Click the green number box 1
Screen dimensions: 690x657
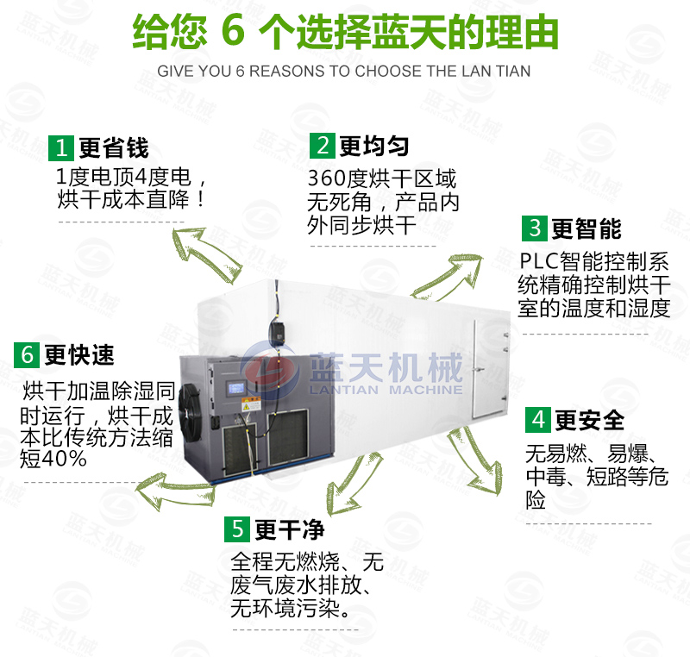(61, 148)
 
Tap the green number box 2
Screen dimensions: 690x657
(323, 146)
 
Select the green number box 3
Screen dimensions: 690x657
(535, 228)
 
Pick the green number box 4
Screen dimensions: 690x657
(537, 420)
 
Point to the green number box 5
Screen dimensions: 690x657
(237, 529)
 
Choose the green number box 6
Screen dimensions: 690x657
(27, 354)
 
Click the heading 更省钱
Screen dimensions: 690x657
(114, 147)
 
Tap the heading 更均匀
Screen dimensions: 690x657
(374, 146)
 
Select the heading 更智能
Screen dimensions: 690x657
(586, 228)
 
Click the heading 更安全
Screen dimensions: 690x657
(590, 420)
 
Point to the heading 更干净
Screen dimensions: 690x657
(290, 529)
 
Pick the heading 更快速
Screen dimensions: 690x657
(79, 354)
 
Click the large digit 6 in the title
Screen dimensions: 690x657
(233, 30)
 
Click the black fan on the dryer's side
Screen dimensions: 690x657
(190, 412)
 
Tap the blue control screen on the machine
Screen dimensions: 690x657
(235, 388)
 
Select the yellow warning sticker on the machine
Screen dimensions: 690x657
(251, 404)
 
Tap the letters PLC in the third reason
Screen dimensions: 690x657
(539, 260)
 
